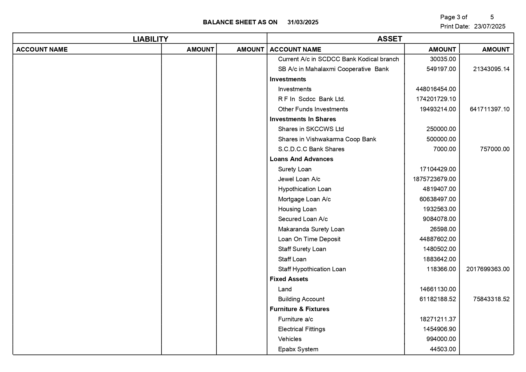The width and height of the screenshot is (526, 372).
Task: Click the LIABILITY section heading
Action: [150, 39]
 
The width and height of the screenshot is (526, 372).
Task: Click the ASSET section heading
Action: [390, 39]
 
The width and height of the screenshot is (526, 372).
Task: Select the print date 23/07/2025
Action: [490, 26]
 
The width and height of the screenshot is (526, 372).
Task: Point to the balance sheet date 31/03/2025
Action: [303, 22]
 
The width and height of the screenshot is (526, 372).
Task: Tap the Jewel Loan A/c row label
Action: [299, 179]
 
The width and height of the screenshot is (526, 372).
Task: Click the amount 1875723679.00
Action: [434, 179]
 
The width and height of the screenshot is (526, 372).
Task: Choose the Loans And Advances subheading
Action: [301, 159]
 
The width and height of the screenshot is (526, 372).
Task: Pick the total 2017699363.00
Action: [488, 269]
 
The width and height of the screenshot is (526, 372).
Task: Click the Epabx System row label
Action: [298, 349]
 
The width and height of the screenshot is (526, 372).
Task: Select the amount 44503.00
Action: [443, 349]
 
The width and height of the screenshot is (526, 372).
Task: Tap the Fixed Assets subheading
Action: [289, 279]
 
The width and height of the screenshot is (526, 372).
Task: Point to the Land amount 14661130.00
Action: [438, 289]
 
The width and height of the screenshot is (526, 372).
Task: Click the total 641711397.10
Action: [489, 109]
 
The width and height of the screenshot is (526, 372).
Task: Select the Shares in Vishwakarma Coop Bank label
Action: [327, 139]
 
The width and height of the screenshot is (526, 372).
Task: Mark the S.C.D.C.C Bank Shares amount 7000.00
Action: [444, 149]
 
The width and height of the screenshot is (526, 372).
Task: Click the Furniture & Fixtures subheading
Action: [299, 309]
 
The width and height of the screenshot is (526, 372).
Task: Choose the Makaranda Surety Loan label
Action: [311, 229]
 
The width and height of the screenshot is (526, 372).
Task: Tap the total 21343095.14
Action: [491, 69]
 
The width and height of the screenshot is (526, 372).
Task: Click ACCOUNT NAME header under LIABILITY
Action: [42, 49]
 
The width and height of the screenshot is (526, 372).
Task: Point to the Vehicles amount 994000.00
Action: [441, 339]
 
